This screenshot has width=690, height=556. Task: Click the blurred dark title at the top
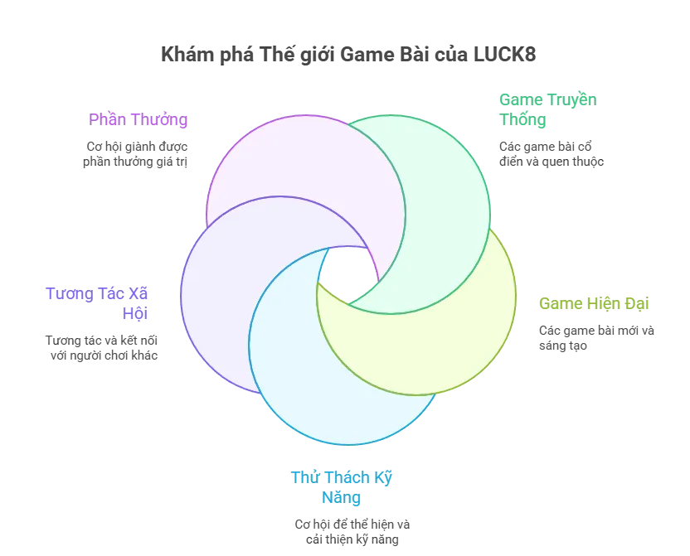tap(347, 56)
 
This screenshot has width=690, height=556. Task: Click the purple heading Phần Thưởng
tap(138, 119)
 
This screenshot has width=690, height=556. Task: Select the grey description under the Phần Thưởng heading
tap(137, 155)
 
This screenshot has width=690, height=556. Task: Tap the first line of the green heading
tap(547, 99)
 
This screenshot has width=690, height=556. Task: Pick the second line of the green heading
tap(522, 120)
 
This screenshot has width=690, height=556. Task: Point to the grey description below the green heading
tap(549, 155)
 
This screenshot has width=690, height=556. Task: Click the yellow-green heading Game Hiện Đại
tap(593, 303)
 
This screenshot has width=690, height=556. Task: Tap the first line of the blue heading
tap(341, 476)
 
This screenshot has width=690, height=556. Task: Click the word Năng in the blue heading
tap(341, 497)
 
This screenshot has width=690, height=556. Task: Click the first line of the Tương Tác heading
tap(100, 293)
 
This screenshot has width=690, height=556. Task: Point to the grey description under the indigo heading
tap(100, 348)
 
